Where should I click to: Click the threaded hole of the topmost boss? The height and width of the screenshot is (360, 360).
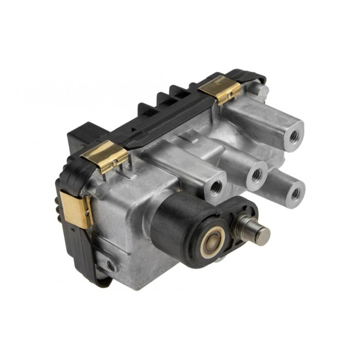tap(294, 137)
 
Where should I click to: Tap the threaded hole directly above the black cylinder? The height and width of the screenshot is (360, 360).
tap(217, 186)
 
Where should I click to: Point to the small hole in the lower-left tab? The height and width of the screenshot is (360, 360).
tap(111, 265)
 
